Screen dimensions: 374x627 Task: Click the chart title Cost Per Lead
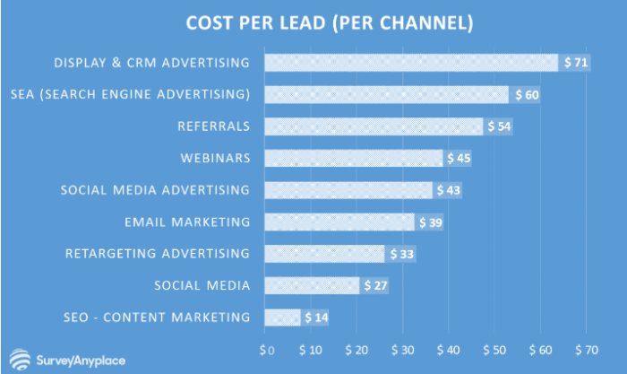313,21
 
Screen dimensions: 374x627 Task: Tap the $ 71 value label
574,63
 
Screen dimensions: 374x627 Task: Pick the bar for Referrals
374,126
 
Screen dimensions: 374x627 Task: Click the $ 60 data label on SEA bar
524,95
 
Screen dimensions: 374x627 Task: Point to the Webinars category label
213,159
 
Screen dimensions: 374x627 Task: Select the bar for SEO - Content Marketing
282,317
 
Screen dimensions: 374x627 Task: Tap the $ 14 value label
315,317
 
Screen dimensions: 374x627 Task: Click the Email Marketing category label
187,222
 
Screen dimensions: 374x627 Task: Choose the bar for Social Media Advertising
348,190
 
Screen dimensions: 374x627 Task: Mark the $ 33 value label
400,254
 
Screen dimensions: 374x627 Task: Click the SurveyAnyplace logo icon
17,356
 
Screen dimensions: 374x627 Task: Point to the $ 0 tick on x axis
265,348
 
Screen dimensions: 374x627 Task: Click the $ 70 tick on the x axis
587,348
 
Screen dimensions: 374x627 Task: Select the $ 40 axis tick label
450,348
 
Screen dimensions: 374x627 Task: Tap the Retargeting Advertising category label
158,254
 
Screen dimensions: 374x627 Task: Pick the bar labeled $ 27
312,285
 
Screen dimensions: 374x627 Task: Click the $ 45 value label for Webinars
458,159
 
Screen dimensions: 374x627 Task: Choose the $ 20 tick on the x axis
357,348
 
